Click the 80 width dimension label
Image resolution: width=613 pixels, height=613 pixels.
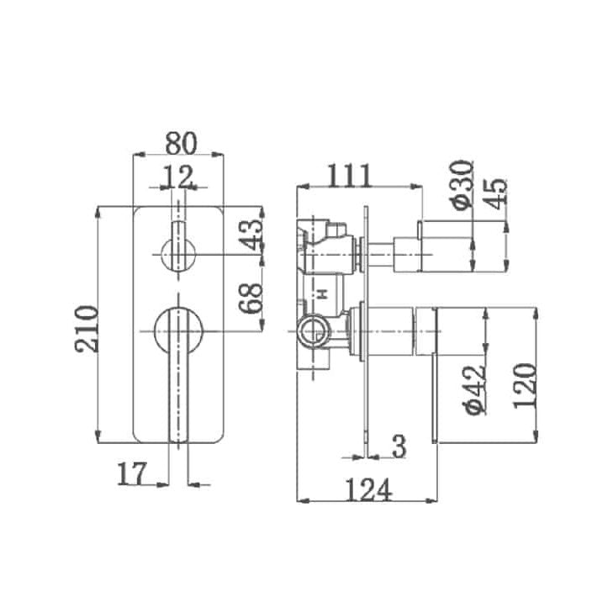[180, 142]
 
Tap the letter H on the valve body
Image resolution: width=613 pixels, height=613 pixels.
[320, 293]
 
